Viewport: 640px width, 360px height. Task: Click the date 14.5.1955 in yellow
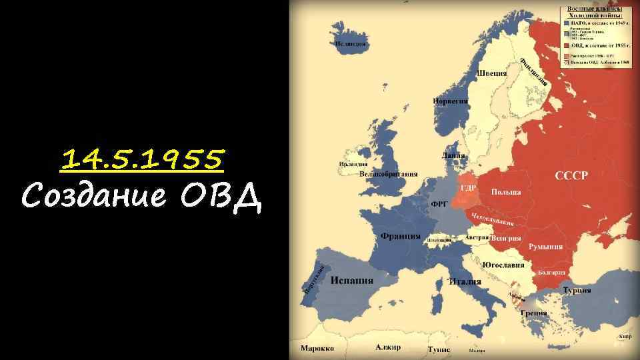pos(143,159)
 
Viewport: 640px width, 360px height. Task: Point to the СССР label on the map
pos(572,176)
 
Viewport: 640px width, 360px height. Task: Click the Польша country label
pos(506,192)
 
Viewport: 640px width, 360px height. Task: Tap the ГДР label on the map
pos(468,188)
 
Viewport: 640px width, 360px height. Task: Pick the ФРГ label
pos(439,205)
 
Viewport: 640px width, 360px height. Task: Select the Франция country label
pos(401,236)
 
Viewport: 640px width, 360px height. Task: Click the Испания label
pos(351,280)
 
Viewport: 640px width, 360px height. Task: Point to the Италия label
pos(465,281)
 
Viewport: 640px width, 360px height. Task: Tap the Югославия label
pos(503,265)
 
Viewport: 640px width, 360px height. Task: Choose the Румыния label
pos(545,247)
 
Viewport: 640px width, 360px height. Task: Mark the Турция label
pos(577,291)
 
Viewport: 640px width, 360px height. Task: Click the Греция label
pos(534,313)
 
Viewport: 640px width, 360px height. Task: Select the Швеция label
pos(492,73)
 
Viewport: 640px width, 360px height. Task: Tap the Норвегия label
pos(451,101)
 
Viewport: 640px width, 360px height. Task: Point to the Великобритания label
pos(388,174)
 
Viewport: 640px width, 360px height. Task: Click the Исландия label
pos(351,44)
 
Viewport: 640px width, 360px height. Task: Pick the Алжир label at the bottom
pos(388,347)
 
